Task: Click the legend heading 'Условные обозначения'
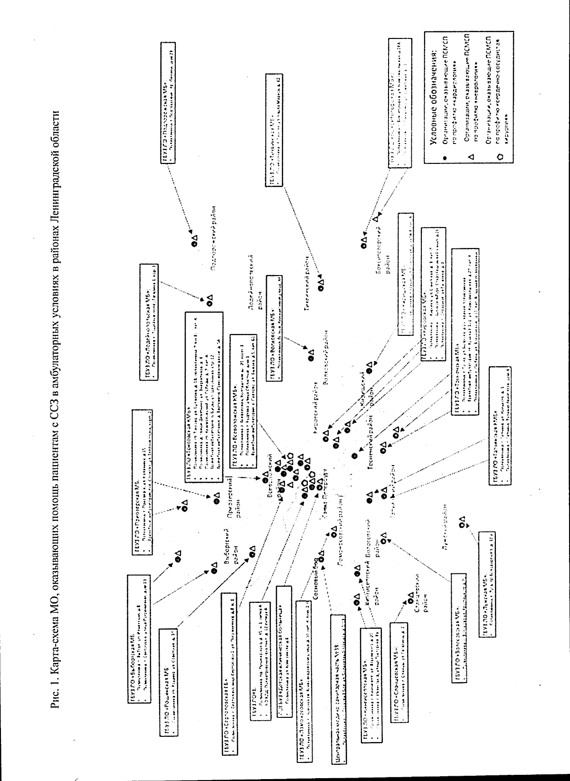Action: pos(434,95)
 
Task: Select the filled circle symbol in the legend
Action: pos(444,156)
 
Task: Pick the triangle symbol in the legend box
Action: pos(470,156)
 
